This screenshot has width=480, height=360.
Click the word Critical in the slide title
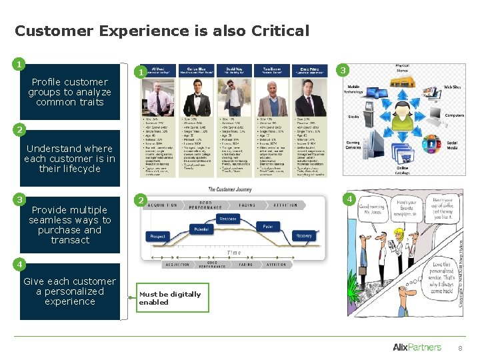click(x=281, y=31)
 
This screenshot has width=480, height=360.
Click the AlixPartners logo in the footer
click(x=417, y=347)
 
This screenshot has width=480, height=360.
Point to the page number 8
click(x=459, y=349)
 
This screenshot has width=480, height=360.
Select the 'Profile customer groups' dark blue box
click(x=69, y=92)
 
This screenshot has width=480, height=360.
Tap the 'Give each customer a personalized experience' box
click(x=69, y=291)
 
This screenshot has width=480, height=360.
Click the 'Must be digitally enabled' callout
click(x=169, y=298)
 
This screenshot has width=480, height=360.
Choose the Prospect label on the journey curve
click(x=157, y=237)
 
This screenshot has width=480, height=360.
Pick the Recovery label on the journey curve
click(x=303, y=236)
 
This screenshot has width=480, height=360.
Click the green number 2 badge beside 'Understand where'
click(x=20, y=129)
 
